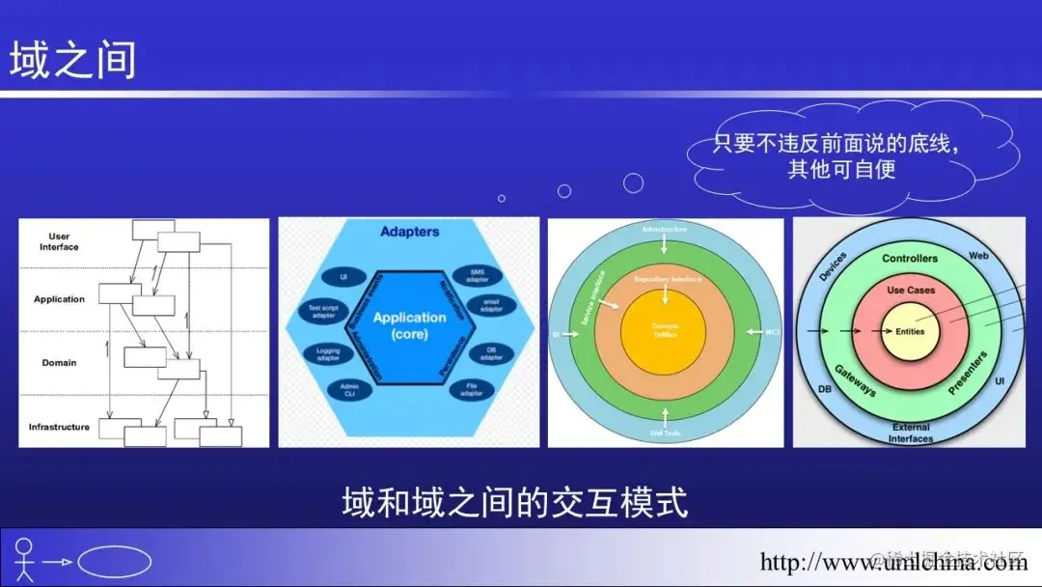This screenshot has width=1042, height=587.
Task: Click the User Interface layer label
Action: [x=59, y=241]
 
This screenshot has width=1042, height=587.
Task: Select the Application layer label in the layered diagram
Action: [x=59, y=299]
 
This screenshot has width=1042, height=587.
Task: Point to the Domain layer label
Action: [x=59, y=363]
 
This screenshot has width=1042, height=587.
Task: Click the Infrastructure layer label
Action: [x=59, y=427]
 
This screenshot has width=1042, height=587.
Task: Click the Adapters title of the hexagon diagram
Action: [x=409, y=232]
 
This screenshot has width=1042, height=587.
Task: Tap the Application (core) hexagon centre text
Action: [x=409, y=325]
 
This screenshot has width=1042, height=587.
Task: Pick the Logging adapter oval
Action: [x=328, y=353]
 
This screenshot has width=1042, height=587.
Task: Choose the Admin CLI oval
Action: [x=349, y=390]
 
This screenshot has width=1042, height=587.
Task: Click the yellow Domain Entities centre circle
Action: [x=666, y=330]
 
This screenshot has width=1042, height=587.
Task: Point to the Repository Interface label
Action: [x=666, y=279]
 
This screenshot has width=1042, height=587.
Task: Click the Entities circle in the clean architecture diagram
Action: [x=909, y=331]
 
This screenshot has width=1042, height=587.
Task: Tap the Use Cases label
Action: [x=909, y=291]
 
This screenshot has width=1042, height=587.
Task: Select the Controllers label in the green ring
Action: [x=909, y=259]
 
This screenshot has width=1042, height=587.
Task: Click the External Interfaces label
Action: [x=910, y=433]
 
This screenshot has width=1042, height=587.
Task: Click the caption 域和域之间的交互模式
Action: [x=515, y=503]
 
